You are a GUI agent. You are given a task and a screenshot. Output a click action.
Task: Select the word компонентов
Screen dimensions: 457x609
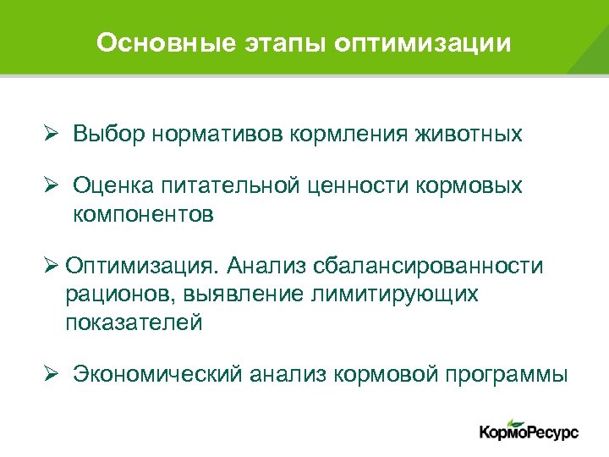[143, 215]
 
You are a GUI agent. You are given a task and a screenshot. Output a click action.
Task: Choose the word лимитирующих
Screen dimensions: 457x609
[396, 295]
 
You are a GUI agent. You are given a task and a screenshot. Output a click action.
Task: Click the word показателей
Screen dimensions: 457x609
[133, 322]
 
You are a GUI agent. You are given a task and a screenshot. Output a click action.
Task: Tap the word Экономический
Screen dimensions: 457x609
[157, 375]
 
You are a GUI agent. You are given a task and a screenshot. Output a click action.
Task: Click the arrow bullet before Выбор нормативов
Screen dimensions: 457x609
[51, 134]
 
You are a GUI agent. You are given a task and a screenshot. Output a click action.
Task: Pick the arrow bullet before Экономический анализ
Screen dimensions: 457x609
[51, 375]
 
